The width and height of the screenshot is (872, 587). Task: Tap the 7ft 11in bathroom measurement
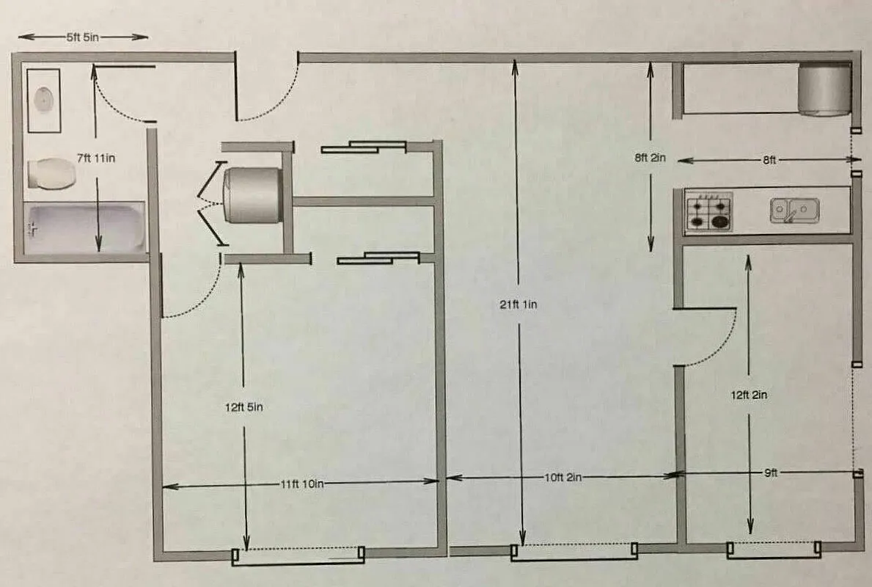coord(97,157)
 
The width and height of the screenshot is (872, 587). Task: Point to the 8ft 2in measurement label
coord(650,157)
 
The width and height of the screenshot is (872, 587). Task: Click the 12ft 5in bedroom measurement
coord(244,406)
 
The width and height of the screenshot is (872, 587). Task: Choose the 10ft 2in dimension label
coord(562,477)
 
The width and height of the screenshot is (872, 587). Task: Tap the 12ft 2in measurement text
coord(749,395)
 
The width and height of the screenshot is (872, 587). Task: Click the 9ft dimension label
coord(769,473)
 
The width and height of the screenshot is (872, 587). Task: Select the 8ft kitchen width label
coord(769,160)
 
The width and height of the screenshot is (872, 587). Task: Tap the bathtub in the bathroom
coord(85,228)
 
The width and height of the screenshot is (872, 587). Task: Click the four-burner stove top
coord(708,211)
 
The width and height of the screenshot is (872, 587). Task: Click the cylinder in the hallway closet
coord(252,194)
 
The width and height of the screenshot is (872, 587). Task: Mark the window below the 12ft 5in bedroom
coord(298,556)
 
